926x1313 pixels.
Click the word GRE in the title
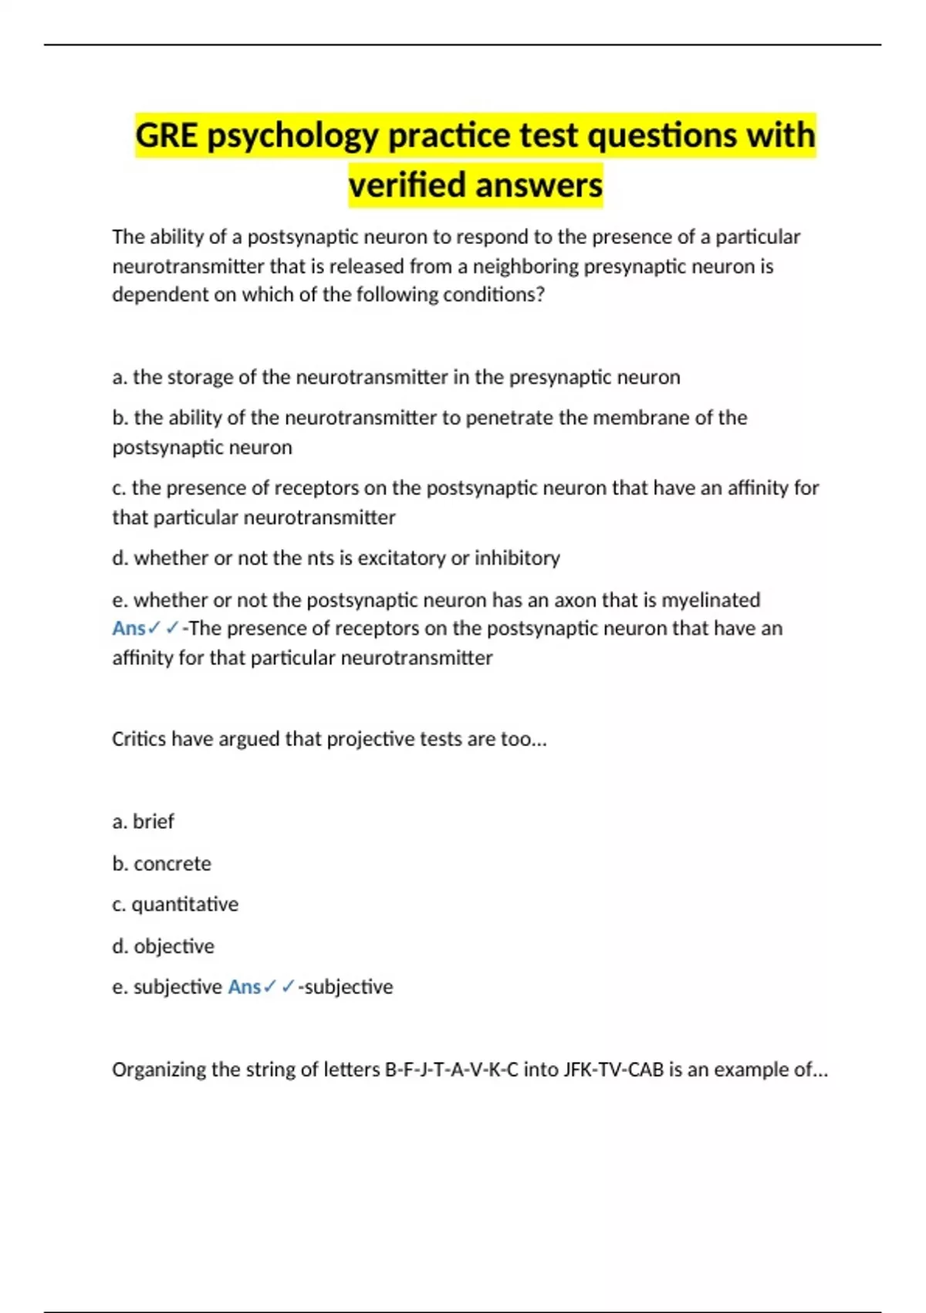pos(167,136)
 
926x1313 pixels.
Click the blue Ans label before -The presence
pos(128,629)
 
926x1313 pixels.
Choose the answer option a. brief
pos(143,821)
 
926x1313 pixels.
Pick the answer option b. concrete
pos(161,863)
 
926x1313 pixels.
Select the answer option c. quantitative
pos(175,904)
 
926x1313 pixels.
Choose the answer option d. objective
pos(163,946)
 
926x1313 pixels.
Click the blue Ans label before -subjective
pos(244,987)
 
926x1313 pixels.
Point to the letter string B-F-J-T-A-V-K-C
pos(451,1070)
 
